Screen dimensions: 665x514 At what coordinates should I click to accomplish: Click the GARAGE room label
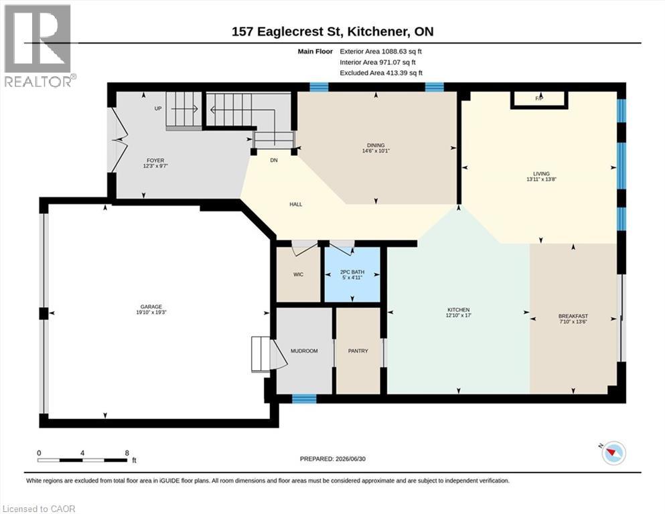[x=151, y=307]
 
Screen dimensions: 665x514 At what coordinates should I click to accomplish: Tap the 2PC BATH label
[x=352, y=272]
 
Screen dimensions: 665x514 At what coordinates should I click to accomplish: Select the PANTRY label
[x=358, y=351]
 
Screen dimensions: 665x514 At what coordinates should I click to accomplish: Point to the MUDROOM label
[x=304, y=351]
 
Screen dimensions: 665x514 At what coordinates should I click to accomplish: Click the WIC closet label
[x=298, y=274]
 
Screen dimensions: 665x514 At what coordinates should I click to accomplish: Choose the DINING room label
[x=376, y=145]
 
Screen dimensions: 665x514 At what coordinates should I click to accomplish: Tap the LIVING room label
[x=541, y=174]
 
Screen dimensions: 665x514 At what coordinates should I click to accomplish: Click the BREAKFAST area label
[x=573, y=316]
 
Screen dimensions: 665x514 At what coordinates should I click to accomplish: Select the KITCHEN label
[x=459, y=310]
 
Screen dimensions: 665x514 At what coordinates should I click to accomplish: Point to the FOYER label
[x=155, y=161]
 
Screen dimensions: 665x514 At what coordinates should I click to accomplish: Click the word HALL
[x=295, y=204]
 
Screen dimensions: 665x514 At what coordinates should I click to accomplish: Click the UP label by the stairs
[x=158, y=108]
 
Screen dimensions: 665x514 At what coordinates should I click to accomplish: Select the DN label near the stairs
[x=274, y=160]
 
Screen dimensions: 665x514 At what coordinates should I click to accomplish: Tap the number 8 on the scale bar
[x=127, y=453]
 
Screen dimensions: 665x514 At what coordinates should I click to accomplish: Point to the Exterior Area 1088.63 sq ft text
[x=381, y=52]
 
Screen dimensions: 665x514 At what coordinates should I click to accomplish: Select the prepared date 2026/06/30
[x=350, y=458]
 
